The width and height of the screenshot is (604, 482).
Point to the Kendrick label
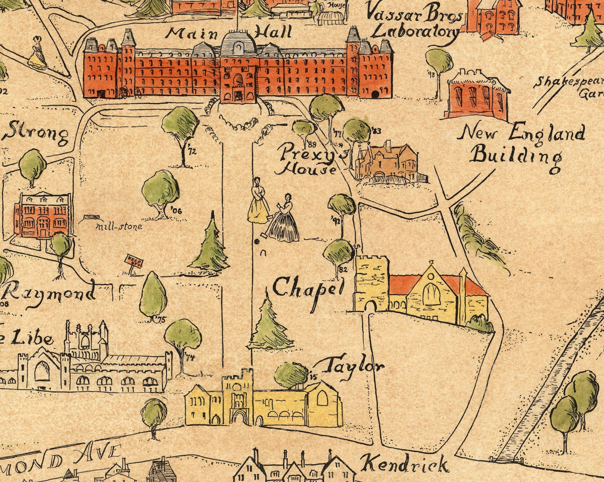point(402,465)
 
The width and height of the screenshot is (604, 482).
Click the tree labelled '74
point(182,336)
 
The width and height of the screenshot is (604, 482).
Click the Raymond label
point(49,294)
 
